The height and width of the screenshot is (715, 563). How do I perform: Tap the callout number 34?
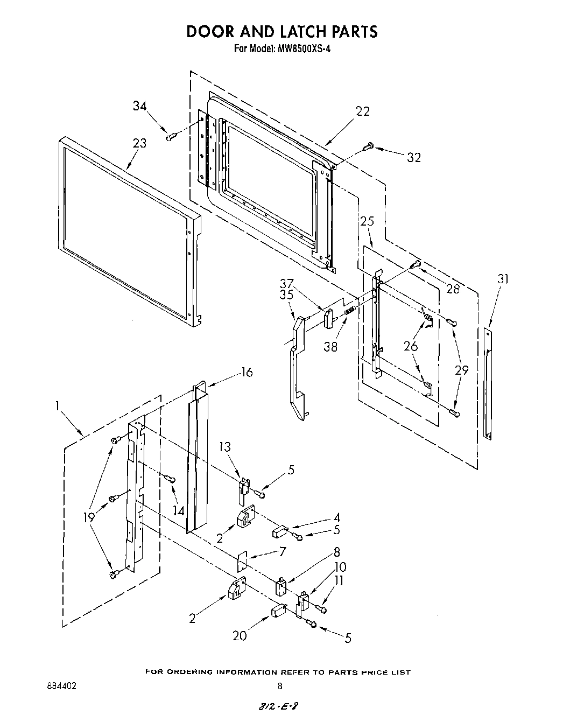(x=140, y=106)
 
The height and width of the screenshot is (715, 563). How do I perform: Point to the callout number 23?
(x=139, y=143)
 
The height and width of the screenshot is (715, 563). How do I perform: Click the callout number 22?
(x=363, y=111)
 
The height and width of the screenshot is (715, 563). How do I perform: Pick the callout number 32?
(x=413, y=157)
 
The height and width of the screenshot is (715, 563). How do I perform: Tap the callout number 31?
(x=503, y=278)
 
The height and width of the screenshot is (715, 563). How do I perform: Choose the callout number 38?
(x=330, y=347)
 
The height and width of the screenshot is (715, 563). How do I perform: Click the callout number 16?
(x=247, y=372)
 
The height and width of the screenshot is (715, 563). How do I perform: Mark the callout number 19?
(x=89, y=518)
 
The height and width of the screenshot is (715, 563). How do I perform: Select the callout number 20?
(x=240, y=636)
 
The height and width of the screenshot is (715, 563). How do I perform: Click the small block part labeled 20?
(x=278, y=611)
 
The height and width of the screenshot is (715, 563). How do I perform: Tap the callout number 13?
(x=224, y=446)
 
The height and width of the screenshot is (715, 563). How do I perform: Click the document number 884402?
(x=61, y=686)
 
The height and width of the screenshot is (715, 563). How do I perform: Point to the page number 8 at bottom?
(x=279, y=686)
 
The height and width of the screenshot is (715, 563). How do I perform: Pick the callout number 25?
(x=367, y=221)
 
